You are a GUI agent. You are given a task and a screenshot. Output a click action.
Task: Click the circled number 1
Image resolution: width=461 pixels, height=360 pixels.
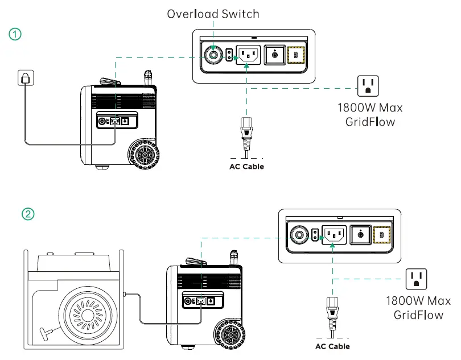[15, 34]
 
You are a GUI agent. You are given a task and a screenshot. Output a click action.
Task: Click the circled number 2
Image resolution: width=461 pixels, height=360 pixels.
[28, 214]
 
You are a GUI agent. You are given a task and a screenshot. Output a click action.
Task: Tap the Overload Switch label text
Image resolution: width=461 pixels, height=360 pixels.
[213, 14]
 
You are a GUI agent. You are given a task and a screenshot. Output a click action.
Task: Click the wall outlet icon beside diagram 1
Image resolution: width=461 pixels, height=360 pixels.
[24, 78]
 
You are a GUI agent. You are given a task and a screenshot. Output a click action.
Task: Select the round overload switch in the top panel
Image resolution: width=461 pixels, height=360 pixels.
[214, 55]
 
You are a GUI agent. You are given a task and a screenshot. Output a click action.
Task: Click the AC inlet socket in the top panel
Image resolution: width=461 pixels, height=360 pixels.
[247, 55]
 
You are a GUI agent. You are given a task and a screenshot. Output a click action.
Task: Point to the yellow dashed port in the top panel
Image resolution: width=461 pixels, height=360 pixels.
[296, 55]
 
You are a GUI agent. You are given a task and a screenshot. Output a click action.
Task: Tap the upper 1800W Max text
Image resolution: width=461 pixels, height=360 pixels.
[365, 107]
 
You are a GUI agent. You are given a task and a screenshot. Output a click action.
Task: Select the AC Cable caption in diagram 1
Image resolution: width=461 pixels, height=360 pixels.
[246, 167]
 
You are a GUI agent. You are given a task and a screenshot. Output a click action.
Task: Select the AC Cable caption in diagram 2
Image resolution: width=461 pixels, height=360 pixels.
[332, 346]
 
